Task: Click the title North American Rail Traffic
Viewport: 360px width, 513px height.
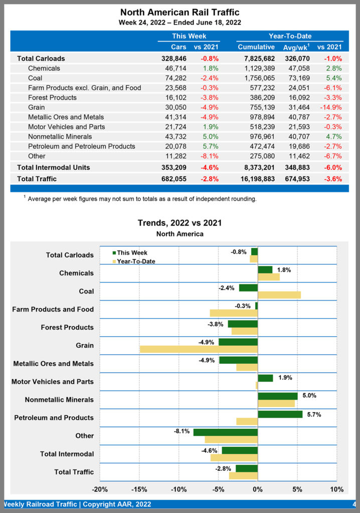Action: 180,12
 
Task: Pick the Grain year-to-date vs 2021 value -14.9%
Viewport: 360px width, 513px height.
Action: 330,107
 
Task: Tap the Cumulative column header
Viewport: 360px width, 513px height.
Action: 256,47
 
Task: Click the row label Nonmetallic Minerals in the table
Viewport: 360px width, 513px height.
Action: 60,137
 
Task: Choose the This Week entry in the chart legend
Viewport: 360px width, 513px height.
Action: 132,253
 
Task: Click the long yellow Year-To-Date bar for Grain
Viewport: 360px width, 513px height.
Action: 199,349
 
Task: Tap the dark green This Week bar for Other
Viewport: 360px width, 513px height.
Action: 225,432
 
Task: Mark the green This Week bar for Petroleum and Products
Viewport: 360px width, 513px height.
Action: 280,414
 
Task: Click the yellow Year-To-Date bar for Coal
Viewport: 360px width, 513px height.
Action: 279,295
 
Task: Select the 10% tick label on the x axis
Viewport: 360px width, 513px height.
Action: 336,489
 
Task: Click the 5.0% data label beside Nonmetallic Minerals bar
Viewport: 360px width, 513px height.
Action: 309,395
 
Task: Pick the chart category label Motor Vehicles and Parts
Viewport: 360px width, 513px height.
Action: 52,382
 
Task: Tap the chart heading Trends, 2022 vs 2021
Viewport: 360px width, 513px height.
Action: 179,223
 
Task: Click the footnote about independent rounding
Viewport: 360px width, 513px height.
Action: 142,199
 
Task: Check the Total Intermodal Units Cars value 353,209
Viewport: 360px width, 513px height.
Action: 172,167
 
